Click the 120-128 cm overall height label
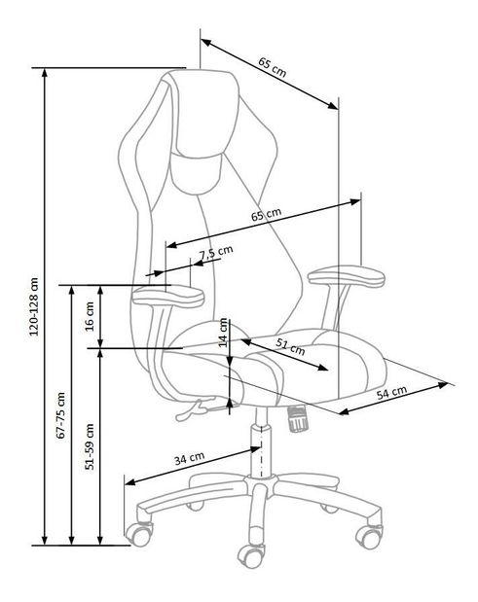tap(34, 306)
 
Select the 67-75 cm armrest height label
tap(60, 415)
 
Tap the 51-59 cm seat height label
tap(90, 446)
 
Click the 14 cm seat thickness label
tap(223, 333)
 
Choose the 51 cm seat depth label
tap(290, 347)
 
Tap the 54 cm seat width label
tap(391, 393)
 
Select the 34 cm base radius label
tap(190, 458)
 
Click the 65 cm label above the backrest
tap(272, 67)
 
